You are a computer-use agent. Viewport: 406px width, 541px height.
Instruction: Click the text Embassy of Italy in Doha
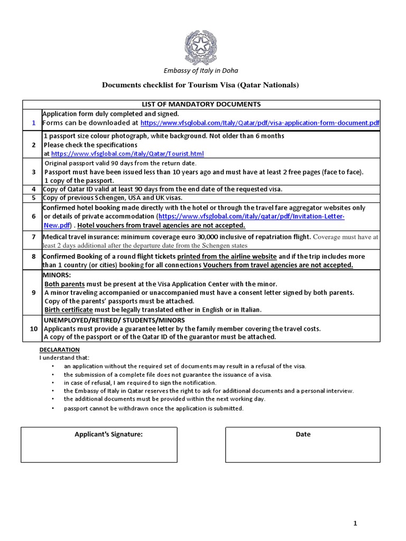click(200, 71)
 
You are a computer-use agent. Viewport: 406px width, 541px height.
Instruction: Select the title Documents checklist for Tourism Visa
click(200, 86)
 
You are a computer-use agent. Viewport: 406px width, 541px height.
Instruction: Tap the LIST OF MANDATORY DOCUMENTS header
click(200, 104)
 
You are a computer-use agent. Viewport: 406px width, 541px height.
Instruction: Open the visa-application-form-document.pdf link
click(260, 123)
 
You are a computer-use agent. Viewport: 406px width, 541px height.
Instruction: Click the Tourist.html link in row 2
click(127, 154)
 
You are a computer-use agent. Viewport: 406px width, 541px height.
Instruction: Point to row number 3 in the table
click(33, 172)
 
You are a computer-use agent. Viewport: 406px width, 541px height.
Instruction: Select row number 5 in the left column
click(33, 198)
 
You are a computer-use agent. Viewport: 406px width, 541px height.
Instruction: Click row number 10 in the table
click(33, 329)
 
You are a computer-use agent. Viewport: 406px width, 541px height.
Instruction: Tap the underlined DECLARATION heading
click(60, 350)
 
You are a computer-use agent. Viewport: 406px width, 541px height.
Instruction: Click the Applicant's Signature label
click(109, 434)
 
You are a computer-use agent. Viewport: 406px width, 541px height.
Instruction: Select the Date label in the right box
click(303, 434)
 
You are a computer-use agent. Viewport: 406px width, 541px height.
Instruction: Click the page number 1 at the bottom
click(355, 524)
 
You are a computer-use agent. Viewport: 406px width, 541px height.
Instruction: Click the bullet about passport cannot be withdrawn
click(154, 408)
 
